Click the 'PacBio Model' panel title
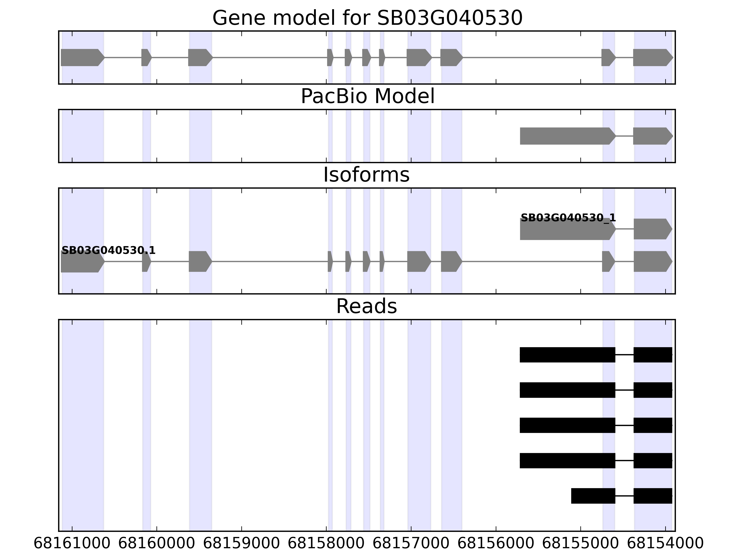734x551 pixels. pyautogui.click(x=367, y=96)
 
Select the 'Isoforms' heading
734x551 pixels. pyautogui.click(x=366, y=175)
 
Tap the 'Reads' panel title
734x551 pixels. pyautogui.click(x=366, y=306)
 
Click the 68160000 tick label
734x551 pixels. pyautogui.click(x=157, y=543)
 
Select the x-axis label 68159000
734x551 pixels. pyautogui.click(x=241, y=543)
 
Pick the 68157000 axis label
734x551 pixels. pyautogui.click(x=411, y=543)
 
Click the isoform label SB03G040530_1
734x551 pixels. pyautogui.click(x=568, y=218)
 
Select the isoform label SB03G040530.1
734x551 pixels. pyautogui.click(x=108, y=250)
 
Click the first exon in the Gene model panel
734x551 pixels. pyautogui.click(x=81, y=57)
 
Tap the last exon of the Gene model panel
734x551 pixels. pyautogui.click(x=652, y=57)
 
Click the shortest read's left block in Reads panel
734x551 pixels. pyautogui.click(x=593, y=496)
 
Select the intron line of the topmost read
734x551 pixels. pyautogui.click(x=624, y=355)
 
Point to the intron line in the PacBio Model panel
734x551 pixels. pyautogui.click(x=624, y=136)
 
